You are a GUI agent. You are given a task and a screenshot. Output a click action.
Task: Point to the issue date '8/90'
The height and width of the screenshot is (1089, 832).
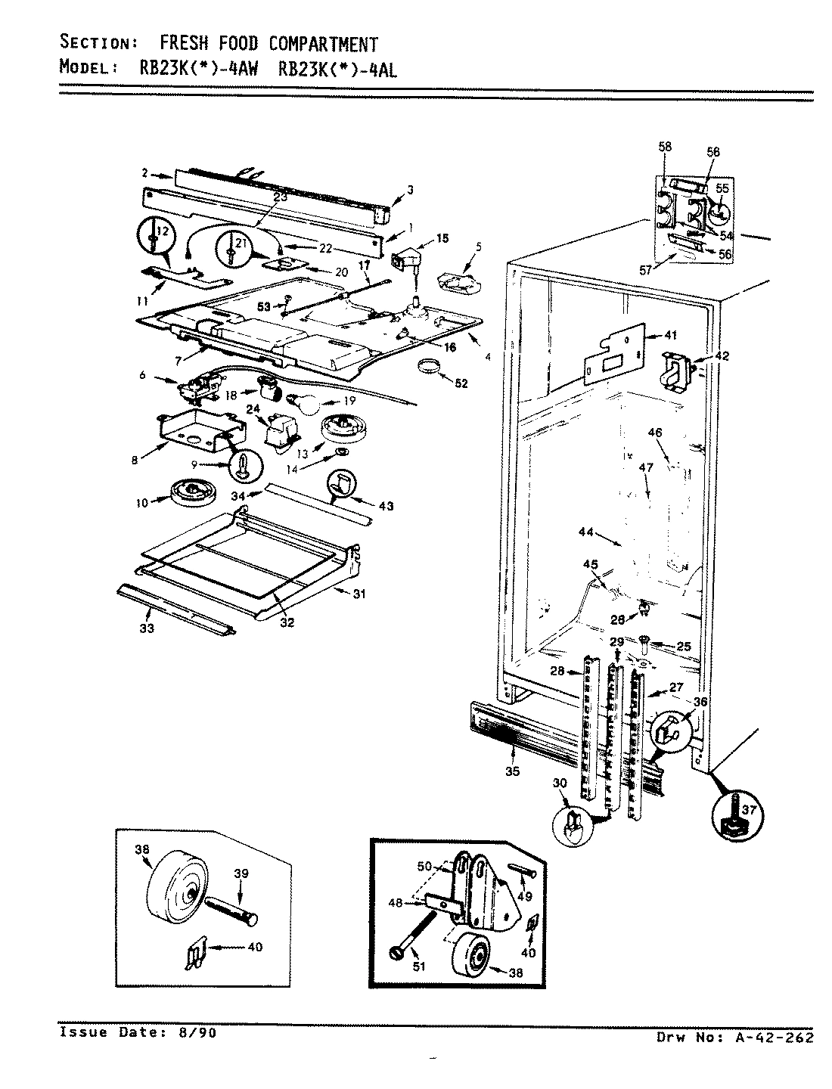click(x=198, y=1033)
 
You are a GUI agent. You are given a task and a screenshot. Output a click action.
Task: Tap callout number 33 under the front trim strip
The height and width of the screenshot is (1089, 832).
click(x=146, y=628)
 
